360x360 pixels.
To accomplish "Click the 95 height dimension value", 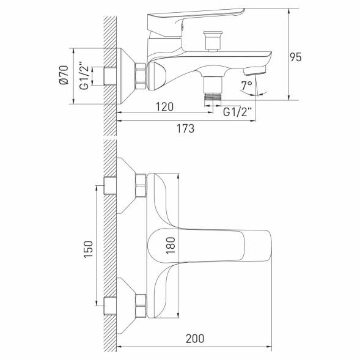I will pyautogui.click(x=296, y=57).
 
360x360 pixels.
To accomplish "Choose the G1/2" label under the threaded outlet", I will pyautogui.click(x=235, y=112).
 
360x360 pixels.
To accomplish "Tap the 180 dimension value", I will pyautogui.click(x=171, y=244).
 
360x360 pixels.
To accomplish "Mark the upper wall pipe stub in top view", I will pyautogui.click(x=111, y=185).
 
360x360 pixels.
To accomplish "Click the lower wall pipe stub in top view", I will pyautogui.click(x=111, y=304).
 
